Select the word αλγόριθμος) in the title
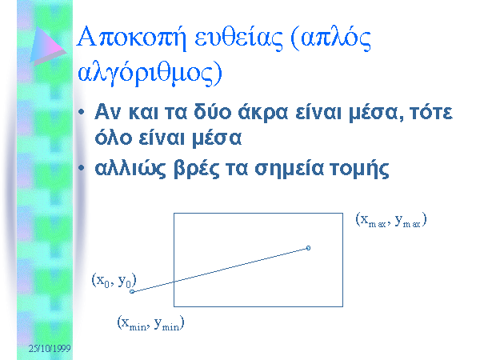(150, 74)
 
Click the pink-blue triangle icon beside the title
(48, 46)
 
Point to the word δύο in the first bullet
(213, 112)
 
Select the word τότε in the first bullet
(431, 113)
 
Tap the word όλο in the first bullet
(113, 138)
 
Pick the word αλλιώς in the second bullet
(130, 169)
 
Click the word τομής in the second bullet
(359, 170)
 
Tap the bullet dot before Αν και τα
(82, 112)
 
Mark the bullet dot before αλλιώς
(82, 168)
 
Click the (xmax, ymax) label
(391, 220)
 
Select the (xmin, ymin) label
(150, 323)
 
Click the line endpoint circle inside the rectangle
(308, 248)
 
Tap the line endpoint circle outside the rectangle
(132, 291)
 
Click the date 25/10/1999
(50, 348)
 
